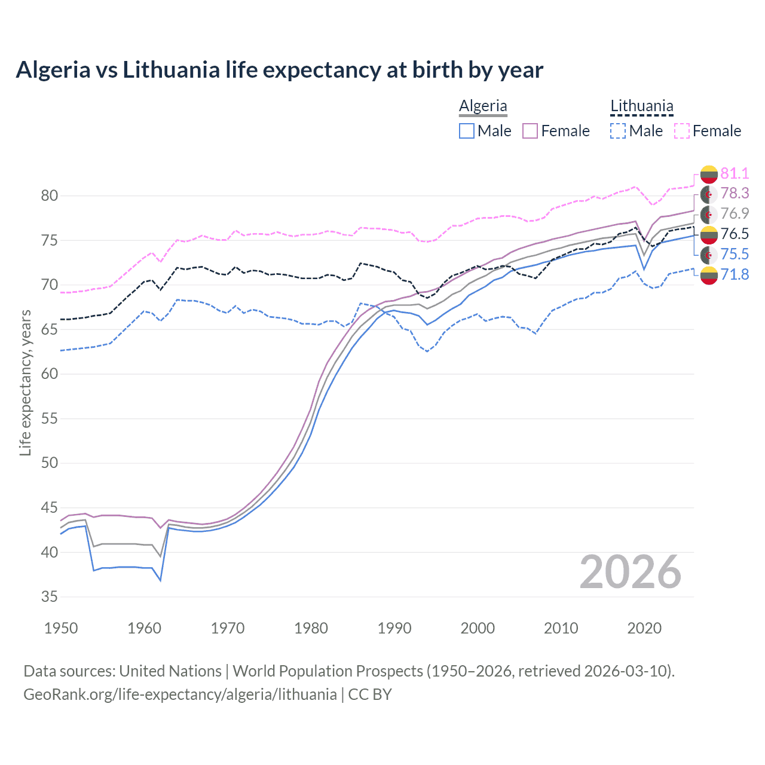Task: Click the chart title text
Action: [279, 70]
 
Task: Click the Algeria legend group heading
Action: [483, 106]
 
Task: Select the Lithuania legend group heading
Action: [641, 106]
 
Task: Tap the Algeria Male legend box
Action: [467, 131]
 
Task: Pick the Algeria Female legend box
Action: [530, 131]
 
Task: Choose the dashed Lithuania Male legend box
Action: [618, 131]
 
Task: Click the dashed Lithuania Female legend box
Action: [681, 131]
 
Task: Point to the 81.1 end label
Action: [735, 173]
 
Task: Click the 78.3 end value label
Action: [735, 194]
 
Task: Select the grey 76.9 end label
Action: [735, 214]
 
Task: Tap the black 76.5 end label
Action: [735, 234]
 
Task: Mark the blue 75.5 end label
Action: [735, 255]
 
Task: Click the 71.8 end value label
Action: [735, 275]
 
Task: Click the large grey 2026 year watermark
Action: [631, 573]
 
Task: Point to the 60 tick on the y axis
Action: [50, 374]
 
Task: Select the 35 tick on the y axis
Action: [50, 597]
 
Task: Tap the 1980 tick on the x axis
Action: [311, 628]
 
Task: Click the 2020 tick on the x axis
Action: [644, 628]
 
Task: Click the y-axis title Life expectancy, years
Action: [26, 382]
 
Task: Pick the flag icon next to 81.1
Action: [709, 174]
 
